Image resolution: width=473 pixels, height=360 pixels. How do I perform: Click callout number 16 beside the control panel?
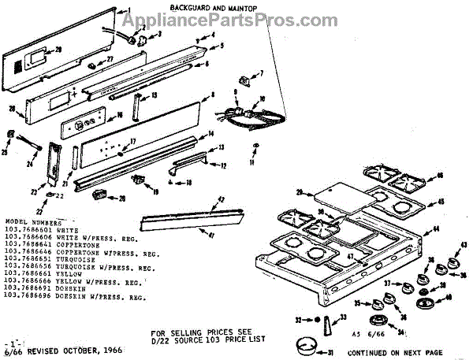coord(120,115)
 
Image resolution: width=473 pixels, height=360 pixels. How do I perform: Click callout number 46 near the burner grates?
coord(440,174)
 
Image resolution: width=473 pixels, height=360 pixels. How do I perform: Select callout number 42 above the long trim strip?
coord(222,200)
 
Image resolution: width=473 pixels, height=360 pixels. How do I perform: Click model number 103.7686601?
coord(28,229)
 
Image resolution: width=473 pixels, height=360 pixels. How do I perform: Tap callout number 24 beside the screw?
coord(29,164)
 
